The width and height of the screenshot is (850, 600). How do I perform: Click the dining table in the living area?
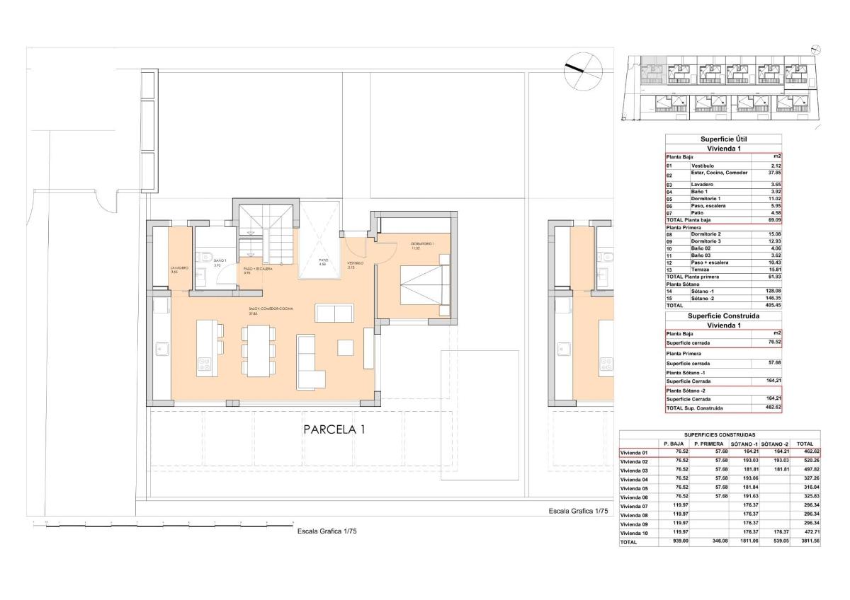pyautogui.click(x=256, y=350)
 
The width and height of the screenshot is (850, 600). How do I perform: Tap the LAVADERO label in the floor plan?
pyautogui.click(x=179, y=270)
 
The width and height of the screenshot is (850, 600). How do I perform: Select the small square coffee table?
pyautogui.click(x=346, y=347)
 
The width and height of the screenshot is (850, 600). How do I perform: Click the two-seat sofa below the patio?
pyautogui.click(x=334, y=314)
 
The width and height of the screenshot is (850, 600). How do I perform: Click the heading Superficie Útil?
pyautogui.click(x=723, y=139)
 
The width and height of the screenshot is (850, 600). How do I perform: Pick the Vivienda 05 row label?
pyautogui.click(x=634, y=488)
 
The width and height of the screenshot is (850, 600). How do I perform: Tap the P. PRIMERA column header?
pyautogui.click(x=708, y=444)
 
